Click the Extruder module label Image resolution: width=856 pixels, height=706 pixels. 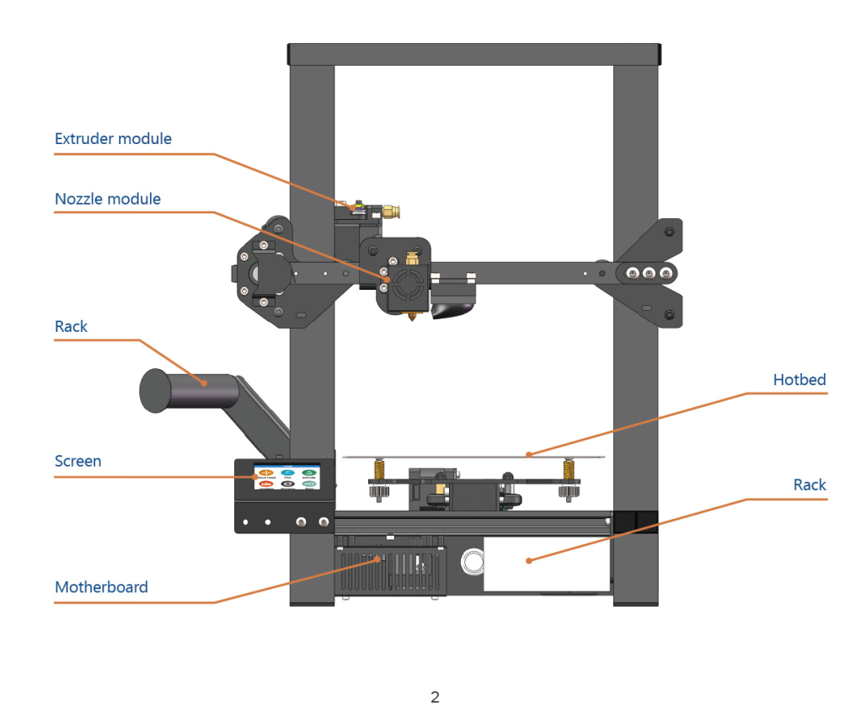point(113,139)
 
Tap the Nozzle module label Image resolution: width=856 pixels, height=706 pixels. point(108,200)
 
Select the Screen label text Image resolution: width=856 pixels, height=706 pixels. point(78,462)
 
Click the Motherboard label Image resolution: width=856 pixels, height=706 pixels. point(101,587)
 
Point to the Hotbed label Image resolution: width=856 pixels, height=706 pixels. point(800,380)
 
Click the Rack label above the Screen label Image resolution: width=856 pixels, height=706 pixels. point(71,327)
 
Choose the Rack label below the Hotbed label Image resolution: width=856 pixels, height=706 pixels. point(810,485)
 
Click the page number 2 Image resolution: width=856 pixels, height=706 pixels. point(435,697)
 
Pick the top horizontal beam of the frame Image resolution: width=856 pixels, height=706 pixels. point(473,55)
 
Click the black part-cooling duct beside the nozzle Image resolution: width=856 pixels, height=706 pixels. point(452,308)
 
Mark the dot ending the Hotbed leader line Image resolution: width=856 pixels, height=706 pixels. point(529,455)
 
